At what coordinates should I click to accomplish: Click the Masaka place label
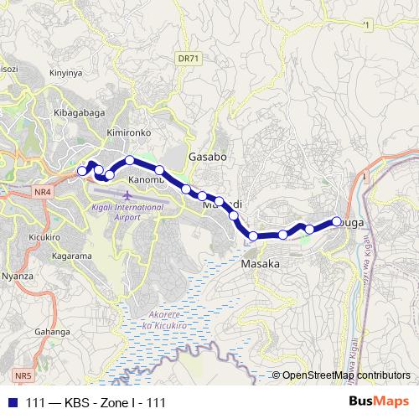coord(260,263)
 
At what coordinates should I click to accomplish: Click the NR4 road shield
coord(43,192)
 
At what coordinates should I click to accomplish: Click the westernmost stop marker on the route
coord(82,171)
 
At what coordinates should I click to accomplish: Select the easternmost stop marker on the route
coord(337,221)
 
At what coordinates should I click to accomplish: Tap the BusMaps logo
coord(379,402)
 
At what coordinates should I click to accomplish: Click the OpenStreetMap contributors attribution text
coord(346,375)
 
